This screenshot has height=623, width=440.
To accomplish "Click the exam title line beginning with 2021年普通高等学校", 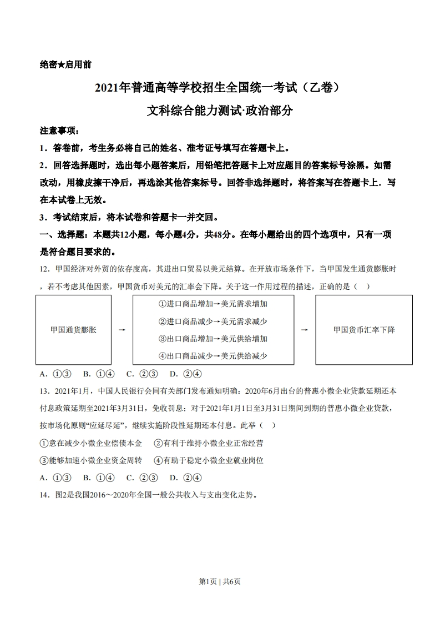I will (x=220, y=88).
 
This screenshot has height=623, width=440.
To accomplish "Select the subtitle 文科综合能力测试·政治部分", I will (x=220, y=111).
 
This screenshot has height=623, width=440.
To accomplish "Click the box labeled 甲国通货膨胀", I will (x=73, y=330).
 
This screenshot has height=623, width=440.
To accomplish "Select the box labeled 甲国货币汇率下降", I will (x=364, y=330).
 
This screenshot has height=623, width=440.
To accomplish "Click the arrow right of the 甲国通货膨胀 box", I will (x=122, y=330).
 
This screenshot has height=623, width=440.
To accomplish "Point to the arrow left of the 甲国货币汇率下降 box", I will (x=304, y=330).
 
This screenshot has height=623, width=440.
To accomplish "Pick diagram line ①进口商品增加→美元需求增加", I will (x=213, y=304).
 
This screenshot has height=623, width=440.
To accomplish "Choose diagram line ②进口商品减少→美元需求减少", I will (x=213, y=321).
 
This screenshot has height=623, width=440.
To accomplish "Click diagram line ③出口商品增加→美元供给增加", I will (x=213, y=339).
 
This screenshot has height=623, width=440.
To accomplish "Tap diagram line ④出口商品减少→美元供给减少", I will (x=213, y=356).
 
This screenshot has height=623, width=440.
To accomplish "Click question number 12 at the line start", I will (x=45, y=269).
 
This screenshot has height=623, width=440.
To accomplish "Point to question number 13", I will (x=45, y=391).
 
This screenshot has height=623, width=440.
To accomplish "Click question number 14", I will (x=45, y=495).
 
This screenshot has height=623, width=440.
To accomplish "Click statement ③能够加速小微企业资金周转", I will (x=91, y=460).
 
